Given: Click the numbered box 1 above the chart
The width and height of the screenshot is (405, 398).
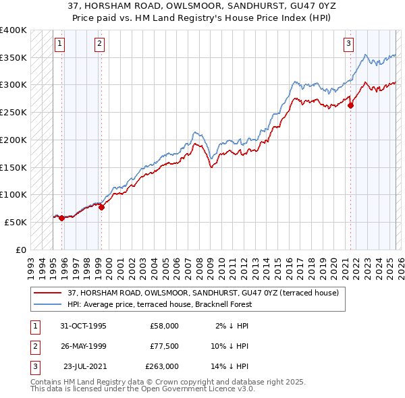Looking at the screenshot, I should click(59, 45).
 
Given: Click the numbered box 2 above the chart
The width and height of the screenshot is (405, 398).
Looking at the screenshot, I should click(99, 45).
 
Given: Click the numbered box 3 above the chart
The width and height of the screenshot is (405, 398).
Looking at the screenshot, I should click(349, 45).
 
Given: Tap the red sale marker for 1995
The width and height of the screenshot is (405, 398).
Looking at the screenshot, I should click(61, 218).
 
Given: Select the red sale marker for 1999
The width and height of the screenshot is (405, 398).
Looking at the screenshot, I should click(101, 207).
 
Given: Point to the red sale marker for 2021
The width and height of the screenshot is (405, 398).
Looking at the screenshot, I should click(351, 105).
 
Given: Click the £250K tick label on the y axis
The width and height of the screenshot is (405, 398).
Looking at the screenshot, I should click(13, 112).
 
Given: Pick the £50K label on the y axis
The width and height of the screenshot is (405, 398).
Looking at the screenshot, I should click(16, 222).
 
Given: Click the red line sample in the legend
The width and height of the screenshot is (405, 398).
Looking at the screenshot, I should click(48, 292).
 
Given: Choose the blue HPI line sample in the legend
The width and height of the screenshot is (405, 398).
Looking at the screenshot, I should click(48, 304).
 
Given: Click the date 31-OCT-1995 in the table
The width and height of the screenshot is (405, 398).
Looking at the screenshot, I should click(83, 326).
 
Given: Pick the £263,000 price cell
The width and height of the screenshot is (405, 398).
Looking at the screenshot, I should click(162, 366).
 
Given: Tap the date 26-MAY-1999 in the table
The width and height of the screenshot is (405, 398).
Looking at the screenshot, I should click(83, 346).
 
